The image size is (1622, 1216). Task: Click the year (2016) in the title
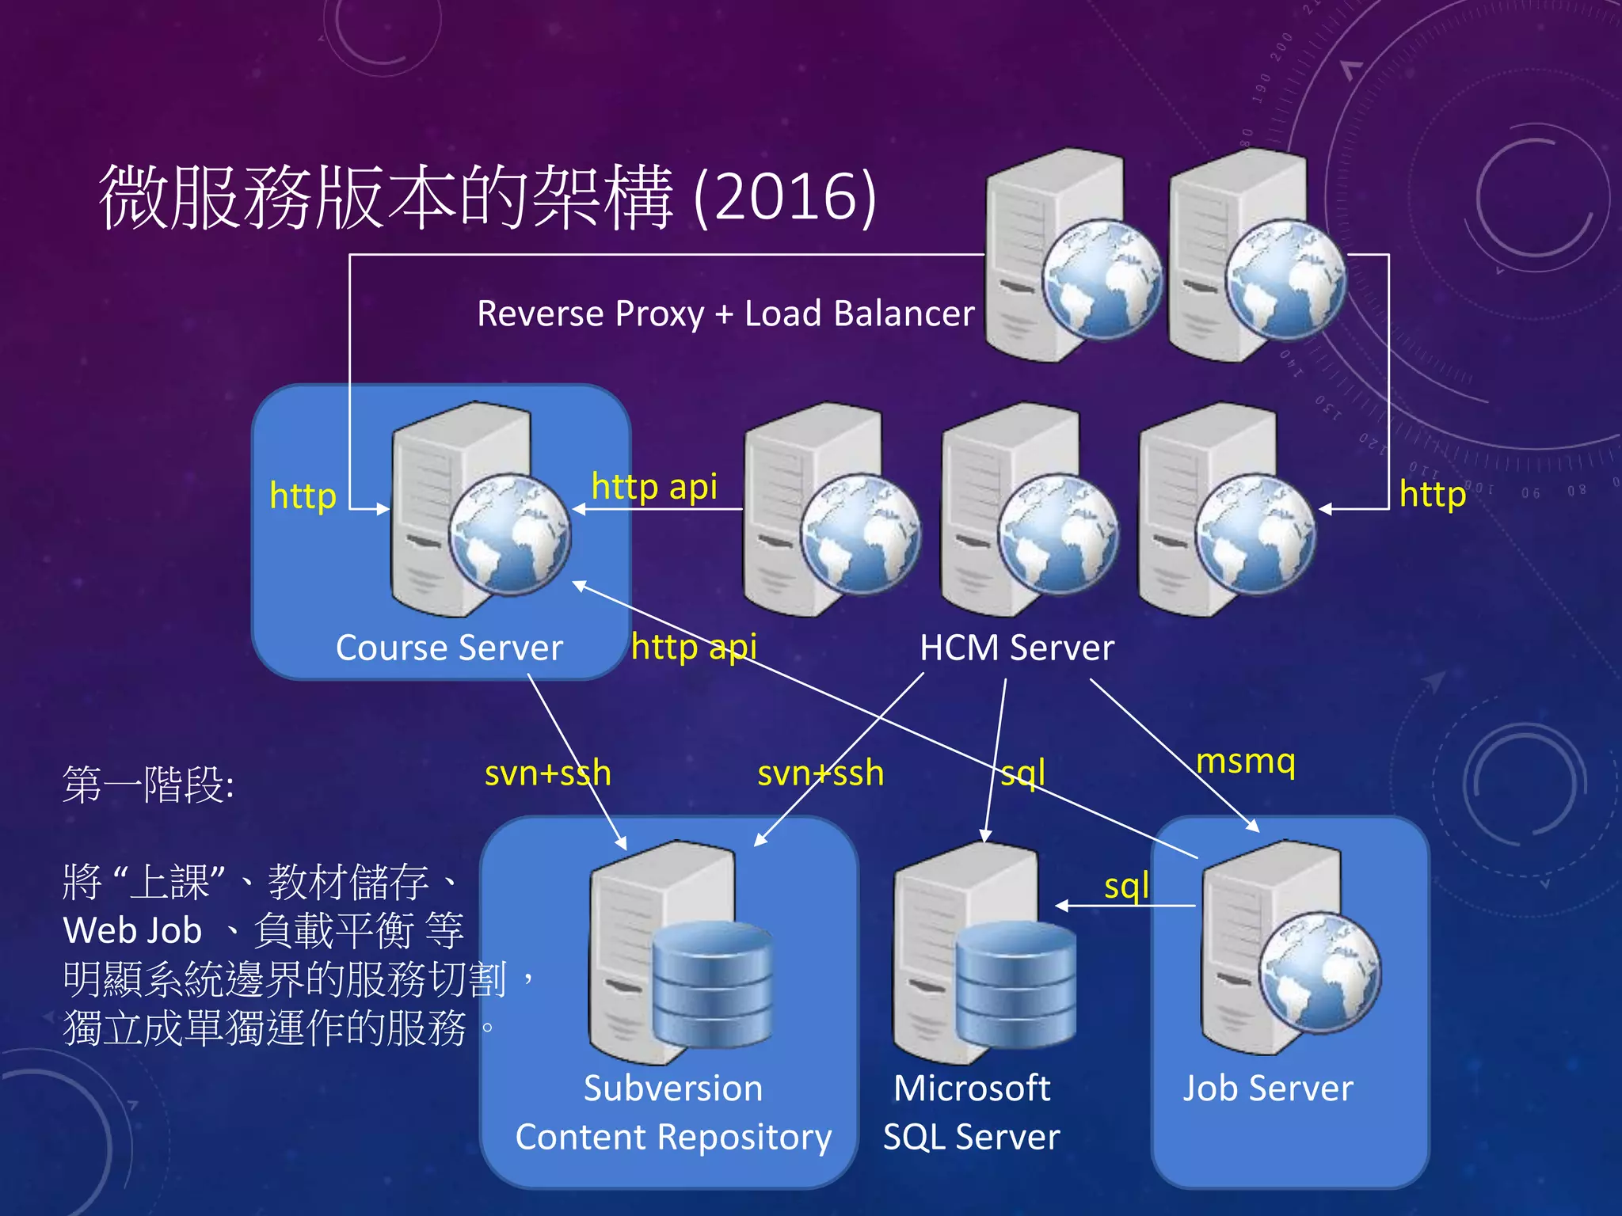[x=785, y=196]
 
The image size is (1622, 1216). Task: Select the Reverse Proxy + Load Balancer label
[x=725, y=313]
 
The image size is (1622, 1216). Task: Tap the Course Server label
[x=449, y=648]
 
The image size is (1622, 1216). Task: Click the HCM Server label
[x=1016, y=648]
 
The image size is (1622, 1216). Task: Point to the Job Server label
[x=1268, y=1088]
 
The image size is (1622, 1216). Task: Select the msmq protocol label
[x=1245, y=762]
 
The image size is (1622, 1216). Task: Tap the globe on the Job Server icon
[x=1320, y=972]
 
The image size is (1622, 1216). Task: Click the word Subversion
[x=673, y=1088]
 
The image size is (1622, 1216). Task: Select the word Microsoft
[x=972, y=1088]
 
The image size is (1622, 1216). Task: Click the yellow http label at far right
[x=1432, y=494]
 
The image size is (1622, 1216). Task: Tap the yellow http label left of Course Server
[x=303, y=496]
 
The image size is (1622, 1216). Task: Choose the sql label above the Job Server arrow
[x=1126, y=885]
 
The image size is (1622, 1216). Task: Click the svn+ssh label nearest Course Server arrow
[x=547, y=773]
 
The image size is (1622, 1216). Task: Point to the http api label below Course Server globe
[x=694, y=647]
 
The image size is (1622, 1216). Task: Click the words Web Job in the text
[x=132, y=930]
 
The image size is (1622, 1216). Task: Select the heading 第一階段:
[x=148, y=785]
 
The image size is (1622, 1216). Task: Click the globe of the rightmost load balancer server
[x=1285, y=279]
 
